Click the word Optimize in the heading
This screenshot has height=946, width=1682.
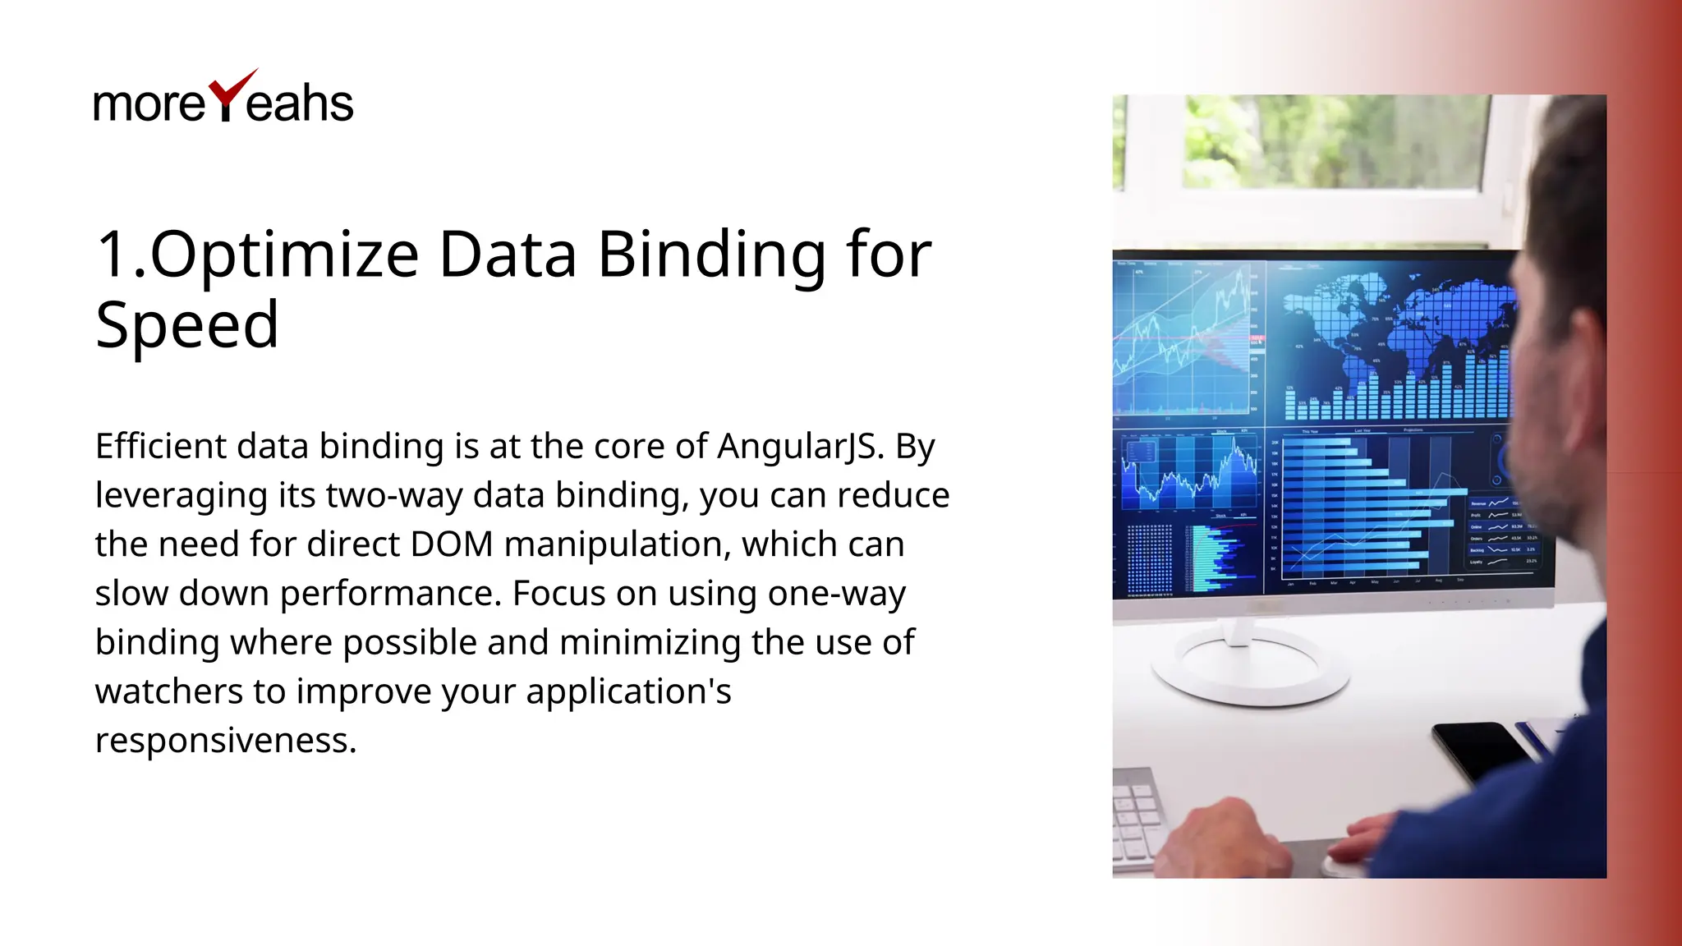point(284,254)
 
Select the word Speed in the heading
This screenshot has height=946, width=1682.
point(186,325)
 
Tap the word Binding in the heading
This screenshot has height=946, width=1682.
point(711,255)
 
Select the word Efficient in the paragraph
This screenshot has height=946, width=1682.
point(161,447)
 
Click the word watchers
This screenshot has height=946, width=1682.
point(168,691)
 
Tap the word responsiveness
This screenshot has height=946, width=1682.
point(226,741)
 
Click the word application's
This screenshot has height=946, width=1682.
point(628,692)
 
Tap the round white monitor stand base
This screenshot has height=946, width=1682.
point(1248,669)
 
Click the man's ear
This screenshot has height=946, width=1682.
point(1581,345)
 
